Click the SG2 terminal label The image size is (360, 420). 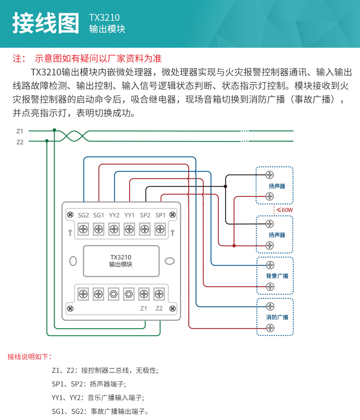(x=83, y=215)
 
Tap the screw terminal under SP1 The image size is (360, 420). (x=160, y=229)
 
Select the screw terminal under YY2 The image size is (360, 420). (x=114, y=229)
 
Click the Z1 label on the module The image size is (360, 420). (x=144, y=308)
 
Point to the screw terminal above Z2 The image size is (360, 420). (x=159, y=294)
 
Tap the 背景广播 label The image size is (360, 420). (x=277, y=276)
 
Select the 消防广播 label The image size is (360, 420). (x=277, y=317)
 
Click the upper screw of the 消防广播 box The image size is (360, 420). (x=270, y=306)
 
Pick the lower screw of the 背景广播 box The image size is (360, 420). (x=270, y=286)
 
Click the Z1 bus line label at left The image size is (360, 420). (x=20, y=131)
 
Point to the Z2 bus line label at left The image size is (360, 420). (x=20, y=142)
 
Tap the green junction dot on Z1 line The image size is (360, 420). (x=55, y=130)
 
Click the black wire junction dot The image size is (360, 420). (x=225, y=186)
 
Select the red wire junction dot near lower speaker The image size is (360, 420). (x=234, y=246)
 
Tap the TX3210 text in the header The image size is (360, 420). (x=104, y=17)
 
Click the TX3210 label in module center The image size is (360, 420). (x=121, y=257)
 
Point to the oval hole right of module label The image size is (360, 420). (x=170, y=261)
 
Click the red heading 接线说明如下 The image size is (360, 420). (x=30, y=357)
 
